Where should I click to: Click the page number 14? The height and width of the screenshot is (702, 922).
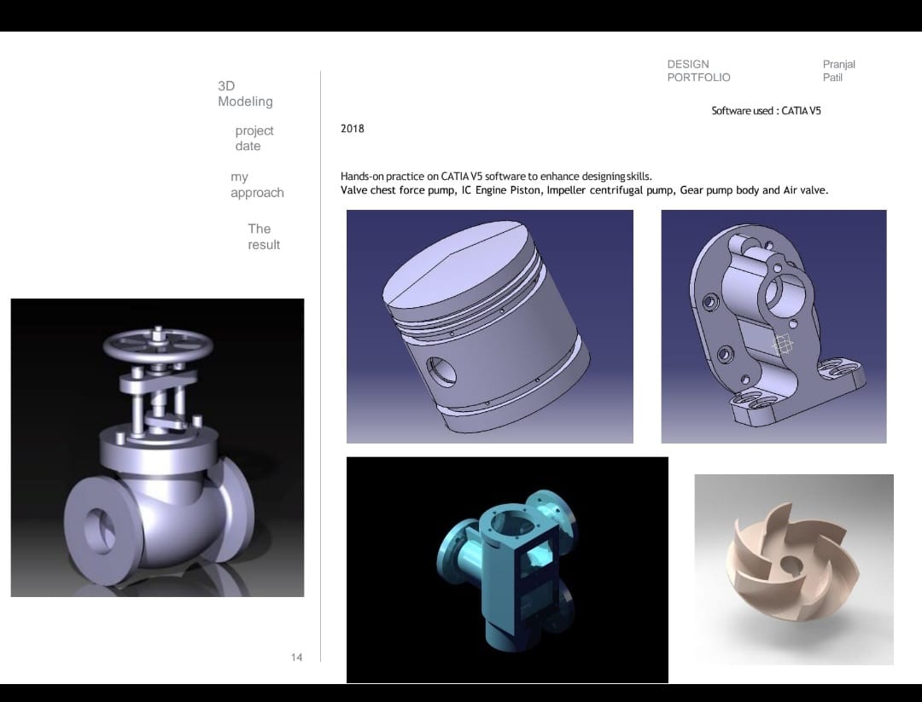pyautogui.click(x=296, y=657)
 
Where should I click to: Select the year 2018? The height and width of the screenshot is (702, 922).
pyautogui.click(x=352, y=129)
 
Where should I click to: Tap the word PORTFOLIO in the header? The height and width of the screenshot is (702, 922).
pyautogui.click(x=698, y=78)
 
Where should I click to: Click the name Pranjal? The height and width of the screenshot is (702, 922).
pyautogui.click(x=838, y=65)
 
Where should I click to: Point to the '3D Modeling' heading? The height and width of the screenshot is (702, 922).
pyautogui.click(x=245, y=94)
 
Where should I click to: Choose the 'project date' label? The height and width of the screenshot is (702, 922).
pyautogui.click(x=254, y=138)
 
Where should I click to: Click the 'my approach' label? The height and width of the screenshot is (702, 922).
pyautogui.click(x=256, y=185)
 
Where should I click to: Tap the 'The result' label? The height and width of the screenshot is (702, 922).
pyautogui.click(x=263, y=237)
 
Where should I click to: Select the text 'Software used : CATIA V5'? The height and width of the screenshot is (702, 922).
pyautogui.click(x=766, y=111)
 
